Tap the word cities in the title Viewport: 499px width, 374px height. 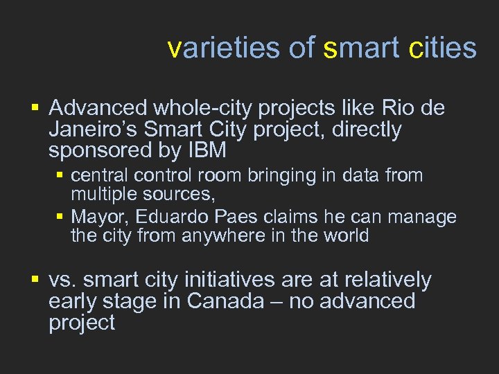443,48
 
